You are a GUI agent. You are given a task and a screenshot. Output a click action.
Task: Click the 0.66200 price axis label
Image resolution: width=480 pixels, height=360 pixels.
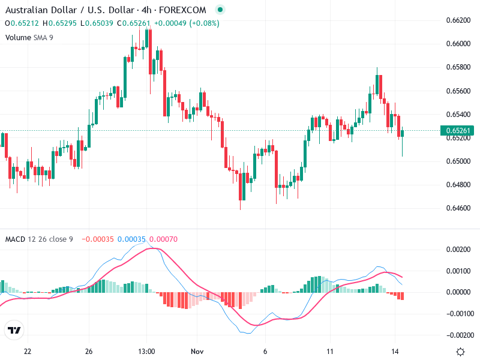[458, 20]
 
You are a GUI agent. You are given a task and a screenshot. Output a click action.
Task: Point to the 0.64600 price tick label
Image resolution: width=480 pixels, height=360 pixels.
[458, 208]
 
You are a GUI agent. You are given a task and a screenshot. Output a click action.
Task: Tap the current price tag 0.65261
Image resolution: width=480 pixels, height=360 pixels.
[458, 131]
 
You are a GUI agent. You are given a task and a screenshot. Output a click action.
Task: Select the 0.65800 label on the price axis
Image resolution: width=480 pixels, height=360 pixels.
[458, 67]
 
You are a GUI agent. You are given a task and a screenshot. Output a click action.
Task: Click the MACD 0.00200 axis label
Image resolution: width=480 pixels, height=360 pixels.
[458, 249]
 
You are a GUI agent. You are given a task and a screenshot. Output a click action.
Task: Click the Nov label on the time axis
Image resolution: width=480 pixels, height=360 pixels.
[197, 351]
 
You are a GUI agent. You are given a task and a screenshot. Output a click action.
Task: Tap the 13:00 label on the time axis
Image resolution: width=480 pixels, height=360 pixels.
[147, 351]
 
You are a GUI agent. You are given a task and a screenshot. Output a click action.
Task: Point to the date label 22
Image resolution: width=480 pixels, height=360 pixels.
[27, 351]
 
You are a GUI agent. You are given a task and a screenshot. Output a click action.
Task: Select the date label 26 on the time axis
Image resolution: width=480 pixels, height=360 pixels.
[89, 351]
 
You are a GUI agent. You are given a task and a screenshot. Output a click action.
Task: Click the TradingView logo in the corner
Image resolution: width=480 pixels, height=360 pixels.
[14, 330]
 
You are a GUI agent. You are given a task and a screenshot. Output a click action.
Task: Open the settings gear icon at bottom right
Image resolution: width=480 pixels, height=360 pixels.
[460, 352]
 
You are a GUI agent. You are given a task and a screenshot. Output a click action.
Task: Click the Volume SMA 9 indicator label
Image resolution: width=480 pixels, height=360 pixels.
[29, 37]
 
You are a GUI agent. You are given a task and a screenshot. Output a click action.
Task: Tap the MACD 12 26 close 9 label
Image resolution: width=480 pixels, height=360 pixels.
[39, 239]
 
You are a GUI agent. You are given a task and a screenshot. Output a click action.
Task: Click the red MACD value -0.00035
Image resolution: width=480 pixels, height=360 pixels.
[97, 239]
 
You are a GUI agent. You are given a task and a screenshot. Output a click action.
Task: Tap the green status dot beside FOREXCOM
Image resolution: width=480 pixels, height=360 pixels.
[220, 10]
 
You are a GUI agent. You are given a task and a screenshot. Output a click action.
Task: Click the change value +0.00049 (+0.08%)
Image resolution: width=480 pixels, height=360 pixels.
[187, 23]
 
